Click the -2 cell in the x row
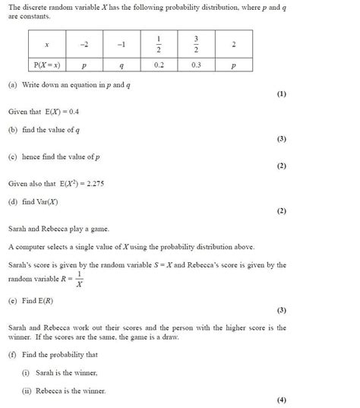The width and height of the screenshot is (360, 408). point(84,44)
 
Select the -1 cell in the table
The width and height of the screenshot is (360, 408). point(121,44)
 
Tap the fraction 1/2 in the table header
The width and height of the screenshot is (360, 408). point(158,44)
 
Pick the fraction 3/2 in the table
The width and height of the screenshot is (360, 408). point(196,44)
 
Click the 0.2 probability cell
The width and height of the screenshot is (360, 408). point(158,66)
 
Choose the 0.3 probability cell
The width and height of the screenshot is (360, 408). point(196,66)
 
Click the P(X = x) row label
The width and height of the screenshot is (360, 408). point(46,66)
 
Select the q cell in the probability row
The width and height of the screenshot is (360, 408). point(121,66)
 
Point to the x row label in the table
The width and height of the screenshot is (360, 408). point(46,44)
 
